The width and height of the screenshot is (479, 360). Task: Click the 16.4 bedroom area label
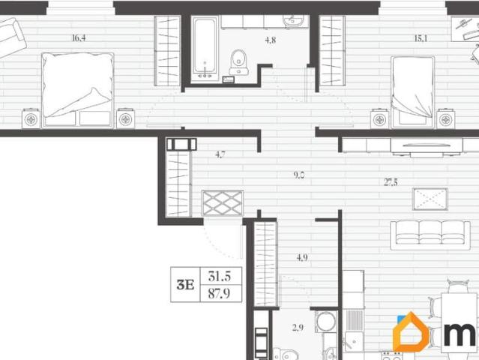click(79, 38)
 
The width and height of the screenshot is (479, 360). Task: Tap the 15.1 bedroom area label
click(421, 38)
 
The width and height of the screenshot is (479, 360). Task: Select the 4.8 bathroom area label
click(271, 40)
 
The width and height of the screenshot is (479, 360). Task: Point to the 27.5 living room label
click(391, 182)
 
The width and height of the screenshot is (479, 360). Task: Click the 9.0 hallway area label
click(299, 175)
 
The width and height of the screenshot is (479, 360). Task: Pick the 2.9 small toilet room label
click(298, 328)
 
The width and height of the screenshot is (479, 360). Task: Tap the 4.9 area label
click(302, 257)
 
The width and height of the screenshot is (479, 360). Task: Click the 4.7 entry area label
click(220, 154)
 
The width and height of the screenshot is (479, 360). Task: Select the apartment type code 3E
click(185, 285)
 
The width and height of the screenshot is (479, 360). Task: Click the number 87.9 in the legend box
click(219, 294)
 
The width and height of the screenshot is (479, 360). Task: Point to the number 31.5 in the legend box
click(220, 276)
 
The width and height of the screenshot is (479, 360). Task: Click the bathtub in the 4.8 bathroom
click(205, 49)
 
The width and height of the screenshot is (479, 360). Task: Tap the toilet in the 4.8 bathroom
click(239, 62)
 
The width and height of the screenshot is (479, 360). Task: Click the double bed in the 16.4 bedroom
click(78, 89)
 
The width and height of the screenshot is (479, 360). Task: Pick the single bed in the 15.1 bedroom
click(413, 91)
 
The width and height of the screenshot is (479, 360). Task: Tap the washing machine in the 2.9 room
click(326, 321)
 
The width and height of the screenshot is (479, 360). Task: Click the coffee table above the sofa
click(430, 199)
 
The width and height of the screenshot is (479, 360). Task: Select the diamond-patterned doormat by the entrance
click(223, 202)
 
